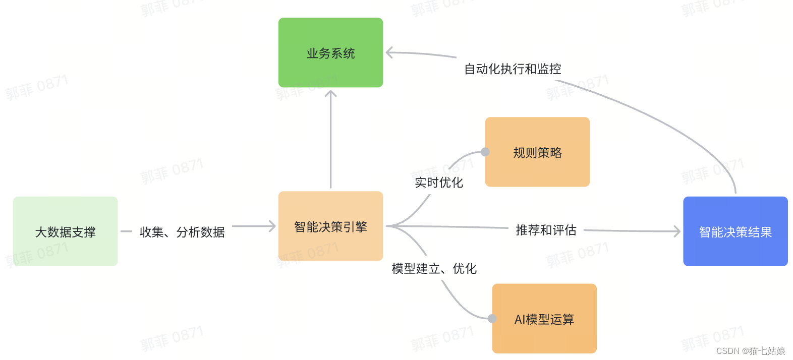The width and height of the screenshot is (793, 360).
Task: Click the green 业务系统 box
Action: point(330,52)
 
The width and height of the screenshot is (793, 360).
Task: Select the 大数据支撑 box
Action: point(65,231)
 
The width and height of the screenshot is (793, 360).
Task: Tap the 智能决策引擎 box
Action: point(330,226)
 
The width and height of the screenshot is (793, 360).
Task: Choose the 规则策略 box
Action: point(537,152)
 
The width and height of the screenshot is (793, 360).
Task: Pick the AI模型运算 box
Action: point(544,319)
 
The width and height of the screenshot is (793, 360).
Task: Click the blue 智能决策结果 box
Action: point(735,231)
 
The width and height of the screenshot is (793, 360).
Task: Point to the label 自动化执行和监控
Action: point(513,69)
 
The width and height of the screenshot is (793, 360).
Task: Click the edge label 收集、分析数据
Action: point(182,232)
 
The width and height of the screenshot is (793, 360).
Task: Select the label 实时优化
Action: point(438,183)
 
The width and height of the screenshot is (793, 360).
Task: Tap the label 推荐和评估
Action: point(546,230)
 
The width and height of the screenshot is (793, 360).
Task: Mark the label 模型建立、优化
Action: point(434,269)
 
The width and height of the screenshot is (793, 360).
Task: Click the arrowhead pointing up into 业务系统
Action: point(330,94)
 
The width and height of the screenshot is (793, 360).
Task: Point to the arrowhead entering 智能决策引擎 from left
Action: point(272,226)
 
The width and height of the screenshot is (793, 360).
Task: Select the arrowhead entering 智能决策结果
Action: point(677,231)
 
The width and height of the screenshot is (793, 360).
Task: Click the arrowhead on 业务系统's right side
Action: point(389,52)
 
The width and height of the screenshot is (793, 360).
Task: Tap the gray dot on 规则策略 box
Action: point(485,152)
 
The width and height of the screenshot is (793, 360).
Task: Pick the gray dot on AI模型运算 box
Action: point(492,319)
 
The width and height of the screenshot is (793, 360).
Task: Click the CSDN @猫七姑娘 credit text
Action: point(750,351)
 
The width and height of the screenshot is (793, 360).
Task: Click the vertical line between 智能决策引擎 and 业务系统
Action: point(330,141)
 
